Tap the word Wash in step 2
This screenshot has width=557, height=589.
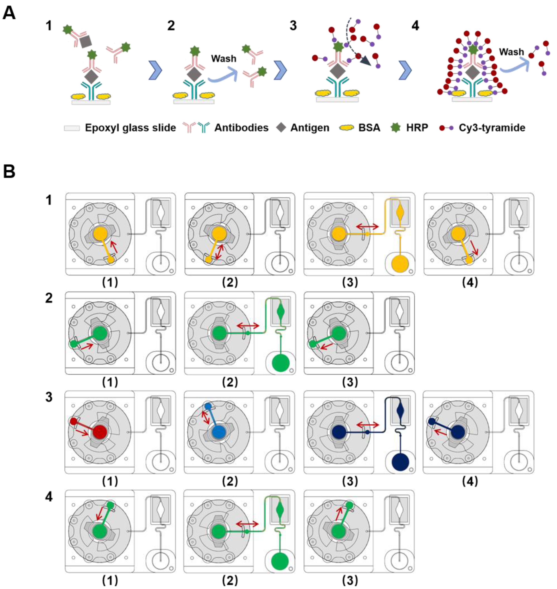(224, 59)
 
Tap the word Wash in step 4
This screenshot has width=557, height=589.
(511, 52)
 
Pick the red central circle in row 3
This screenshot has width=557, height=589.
(100, 432)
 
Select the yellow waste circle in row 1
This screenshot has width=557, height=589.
(400, 264)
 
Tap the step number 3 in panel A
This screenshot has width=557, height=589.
(293, 26)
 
